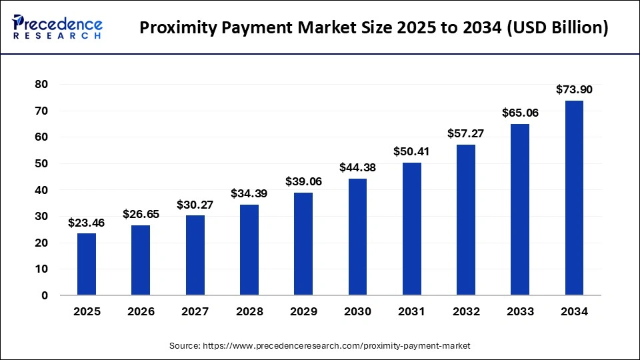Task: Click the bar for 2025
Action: (87, 264)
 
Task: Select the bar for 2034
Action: (574, 198)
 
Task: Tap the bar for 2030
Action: (357, 237)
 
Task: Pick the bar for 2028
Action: (249, 250)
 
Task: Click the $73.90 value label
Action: (574, 89)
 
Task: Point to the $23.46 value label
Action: (87, 222)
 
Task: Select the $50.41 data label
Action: (411, 151)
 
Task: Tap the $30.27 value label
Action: (195, 205)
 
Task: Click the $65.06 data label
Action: (520, 113)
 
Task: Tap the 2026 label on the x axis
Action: (141, 311)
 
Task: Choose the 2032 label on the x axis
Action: (465, 311)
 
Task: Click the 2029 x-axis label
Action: (303, 311)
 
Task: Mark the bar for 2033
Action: (520, 209)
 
